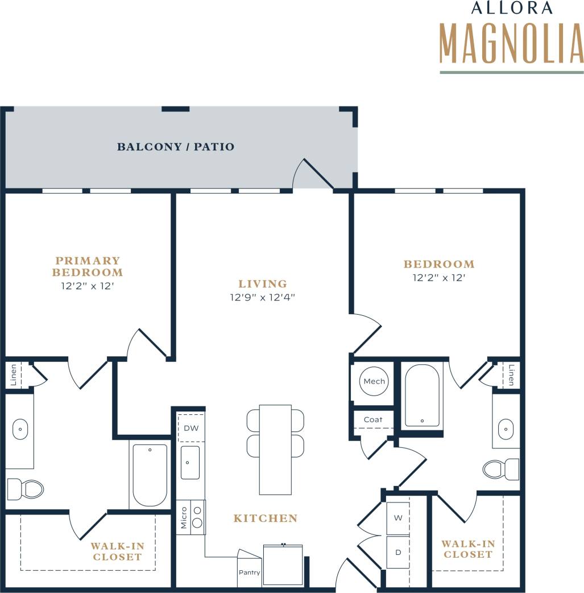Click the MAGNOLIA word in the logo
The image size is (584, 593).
(x=511, y=43)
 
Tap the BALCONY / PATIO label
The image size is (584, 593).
(x=175, y=147)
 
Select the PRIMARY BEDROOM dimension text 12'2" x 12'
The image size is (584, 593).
(x=88, y=286)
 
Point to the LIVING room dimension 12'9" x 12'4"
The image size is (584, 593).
(x=263, y=297)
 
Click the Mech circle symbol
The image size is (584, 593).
(x=374, y=381)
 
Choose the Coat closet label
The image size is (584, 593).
(x=373, y=419)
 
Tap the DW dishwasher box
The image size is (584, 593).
(x=191, y=429)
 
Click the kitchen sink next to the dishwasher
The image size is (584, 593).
(x=190, y=462)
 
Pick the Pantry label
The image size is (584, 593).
(x=249, y=573)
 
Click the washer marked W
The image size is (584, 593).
(x=398, y=518)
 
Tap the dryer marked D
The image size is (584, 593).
(x=398, y=552)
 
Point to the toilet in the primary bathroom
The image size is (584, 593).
(x=25, y=489)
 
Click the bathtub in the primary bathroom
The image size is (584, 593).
(x=150, y=475)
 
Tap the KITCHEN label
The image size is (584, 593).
(x=265, y=518)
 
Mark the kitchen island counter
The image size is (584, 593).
(x=275, y=450)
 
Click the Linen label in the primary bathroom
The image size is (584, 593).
(x=14, y=376)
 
